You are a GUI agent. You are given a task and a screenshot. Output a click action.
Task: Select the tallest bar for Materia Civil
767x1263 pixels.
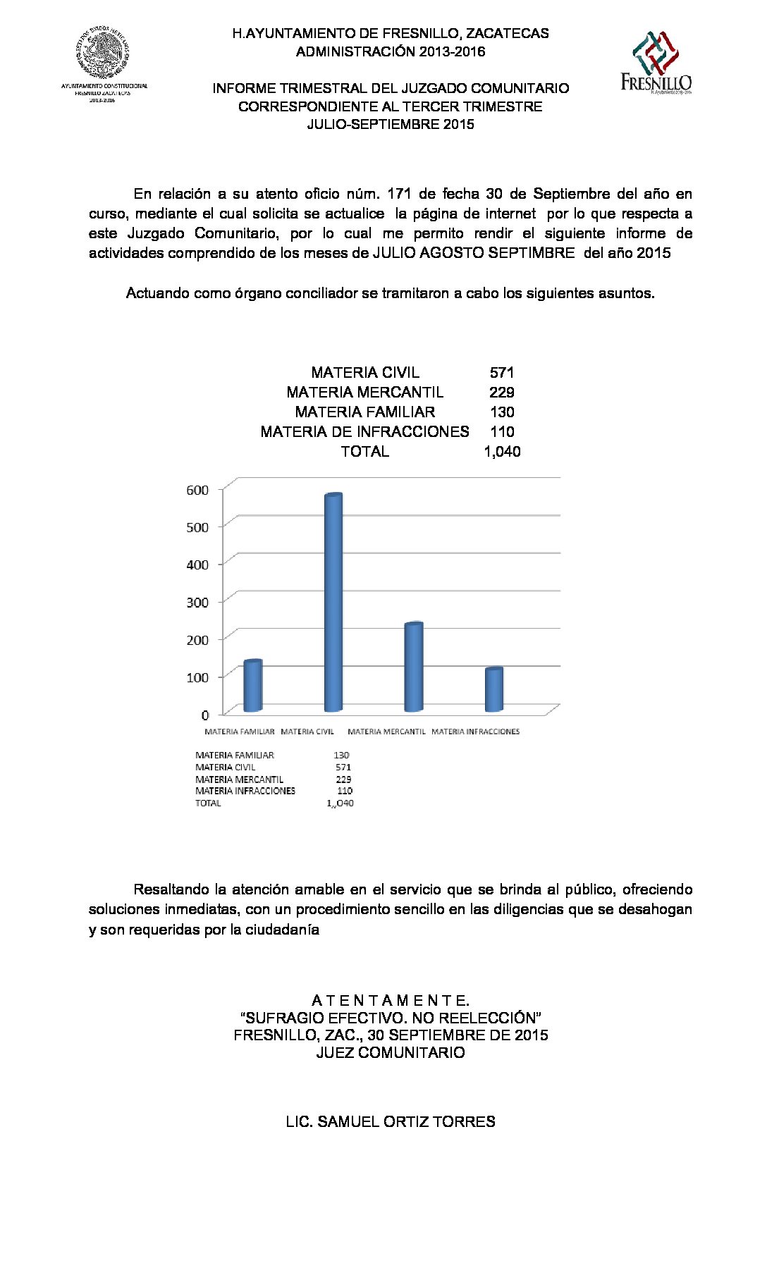coord(333,603)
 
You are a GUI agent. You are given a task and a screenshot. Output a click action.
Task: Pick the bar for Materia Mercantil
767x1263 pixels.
coord(413,667)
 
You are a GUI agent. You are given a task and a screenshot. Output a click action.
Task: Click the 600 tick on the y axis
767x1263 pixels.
coord(197,490)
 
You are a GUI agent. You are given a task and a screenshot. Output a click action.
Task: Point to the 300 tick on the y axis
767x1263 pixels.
coord(197,602)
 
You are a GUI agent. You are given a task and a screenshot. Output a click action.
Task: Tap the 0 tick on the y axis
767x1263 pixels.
coord(205,715)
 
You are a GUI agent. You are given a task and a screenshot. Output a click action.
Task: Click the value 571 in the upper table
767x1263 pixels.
coord(501,373)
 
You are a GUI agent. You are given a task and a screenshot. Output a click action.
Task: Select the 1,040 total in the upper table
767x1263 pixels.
coord(502,452)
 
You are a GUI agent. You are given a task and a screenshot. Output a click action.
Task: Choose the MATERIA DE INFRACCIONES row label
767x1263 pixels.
coord(364,432)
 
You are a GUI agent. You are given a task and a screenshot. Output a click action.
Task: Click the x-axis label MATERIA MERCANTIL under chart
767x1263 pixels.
coord(386,732)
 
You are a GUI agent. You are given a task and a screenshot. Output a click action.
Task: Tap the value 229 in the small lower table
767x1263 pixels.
coord(343,780)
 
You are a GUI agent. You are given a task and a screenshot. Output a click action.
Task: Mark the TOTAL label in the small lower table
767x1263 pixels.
coord(208,803)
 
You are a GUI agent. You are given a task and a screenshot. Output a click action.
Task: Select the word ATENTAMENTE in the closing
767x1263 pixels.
coord(390,1001)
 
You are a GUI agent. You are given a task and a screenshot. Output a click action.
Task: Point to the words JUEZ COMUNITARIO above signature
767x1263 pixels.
coord(390,1053)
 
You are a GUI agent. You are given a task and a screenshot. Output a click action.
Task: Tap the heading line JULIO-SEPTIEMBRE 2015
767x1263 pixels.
coord(390,125)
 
